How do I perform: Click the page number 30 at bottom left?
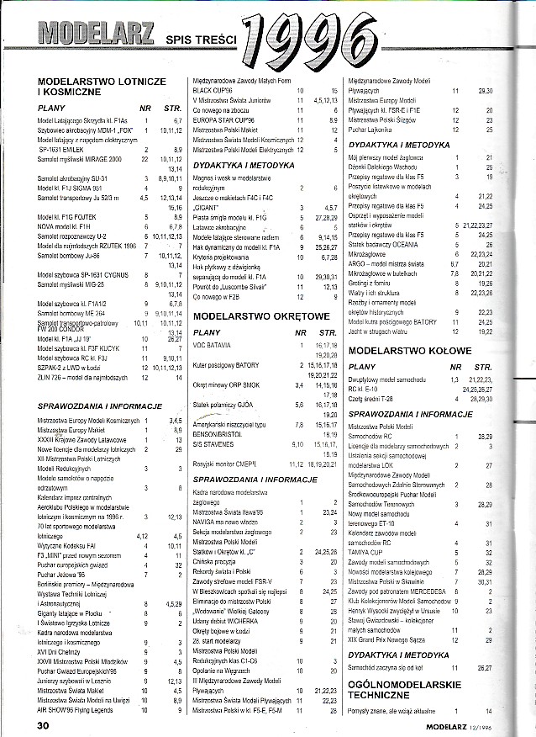tap(43, 724)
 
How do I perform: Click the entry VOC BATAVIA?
tap(215, 346)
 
